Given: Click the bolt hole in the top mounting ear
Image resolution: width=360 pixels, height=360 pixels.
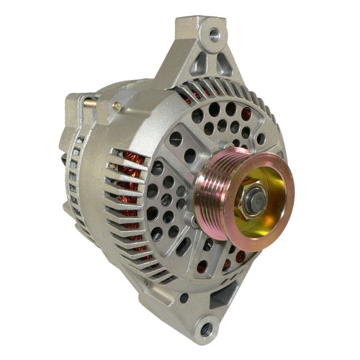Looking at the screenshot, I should point(213,33).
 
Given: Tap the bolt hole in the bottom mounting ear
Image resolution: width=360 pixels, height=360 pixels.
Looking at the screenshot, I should point(207,328).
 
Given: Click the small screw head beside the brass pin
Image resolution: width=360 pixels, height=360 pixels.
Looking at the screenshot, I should point(115,106).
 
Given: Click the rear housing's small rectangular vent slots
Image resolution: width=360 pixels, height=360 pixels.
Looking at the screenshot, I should point(72,173).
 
